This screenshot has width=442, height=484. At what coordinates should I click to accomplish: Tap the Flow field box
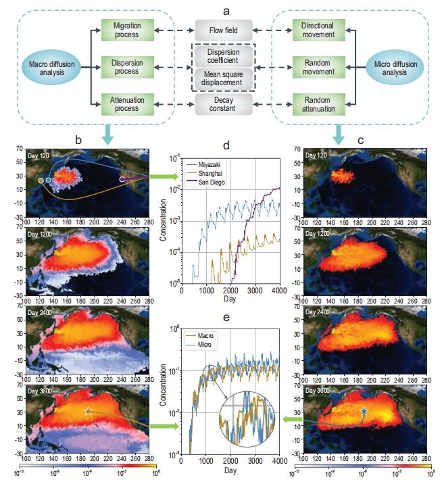pos(222,30)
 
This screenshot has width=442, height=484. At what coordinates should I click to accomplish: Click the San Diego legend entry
pos(210,183)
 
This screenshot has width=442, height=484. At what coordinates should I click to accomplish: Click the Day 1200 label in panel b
pos(39,233)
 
